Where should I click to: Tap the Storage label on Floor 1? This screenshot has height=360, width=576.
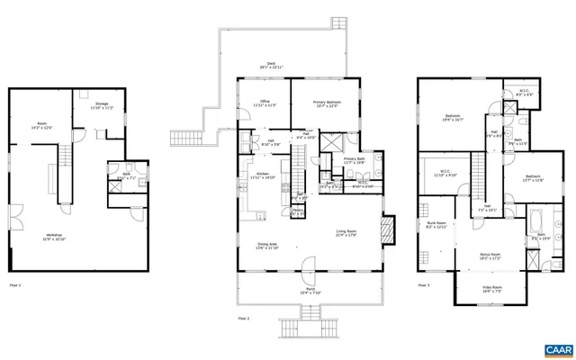point(102,106)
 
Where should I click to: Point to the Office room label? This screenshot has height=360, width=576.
point(265,103)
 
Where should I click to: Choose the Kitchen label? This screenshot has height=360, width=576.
point(263,175)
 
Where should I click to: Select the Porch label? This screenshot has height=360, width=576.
point(310,290)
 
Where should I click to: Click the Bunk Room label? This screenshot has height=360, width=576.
point(435,225)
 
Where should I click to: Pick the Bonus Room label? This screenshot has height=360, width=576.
point(490,256)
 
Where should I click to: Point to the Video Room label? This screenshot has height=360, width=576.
point(490,290)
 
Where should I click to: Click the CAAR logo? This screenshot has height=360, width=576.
point(557,348)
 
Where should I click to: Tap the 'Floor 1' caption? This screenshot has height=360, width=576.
point(14,285)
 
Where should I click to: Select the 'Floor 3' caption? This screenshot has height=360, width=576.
point(423,285)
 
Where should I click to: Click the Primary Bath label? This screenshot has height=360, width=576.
point(354,160)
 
